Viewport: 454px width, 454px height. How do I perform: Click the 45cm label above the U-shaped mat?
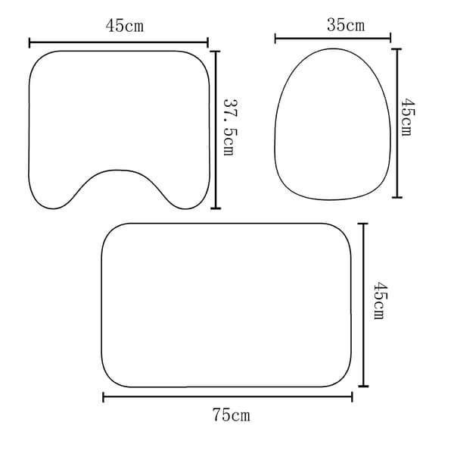[125, 26]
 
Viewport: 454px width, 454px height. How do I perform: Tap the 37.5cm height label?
[230, 127]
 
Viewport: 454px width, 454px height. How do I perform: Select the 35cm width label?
[346, 25]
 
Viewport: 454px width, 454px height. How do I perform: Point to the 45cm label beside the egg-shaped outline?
[408, 117]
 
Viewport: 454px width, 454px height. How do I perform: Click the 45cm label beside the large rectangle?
[381, 301]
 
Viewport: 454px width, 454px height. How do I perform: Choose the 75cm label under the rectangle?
[231, 415]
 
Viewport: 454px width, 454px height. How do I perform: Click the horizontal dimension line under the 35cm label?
[333, 38]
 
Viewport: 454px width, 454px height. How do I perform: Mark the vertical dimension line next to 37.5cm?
[216, 130]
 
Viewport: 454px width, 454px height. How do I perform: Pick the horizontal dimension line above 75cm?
[228, 397]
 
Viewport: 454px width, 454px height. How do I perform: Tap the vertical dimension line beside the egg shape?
[397, 124]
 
